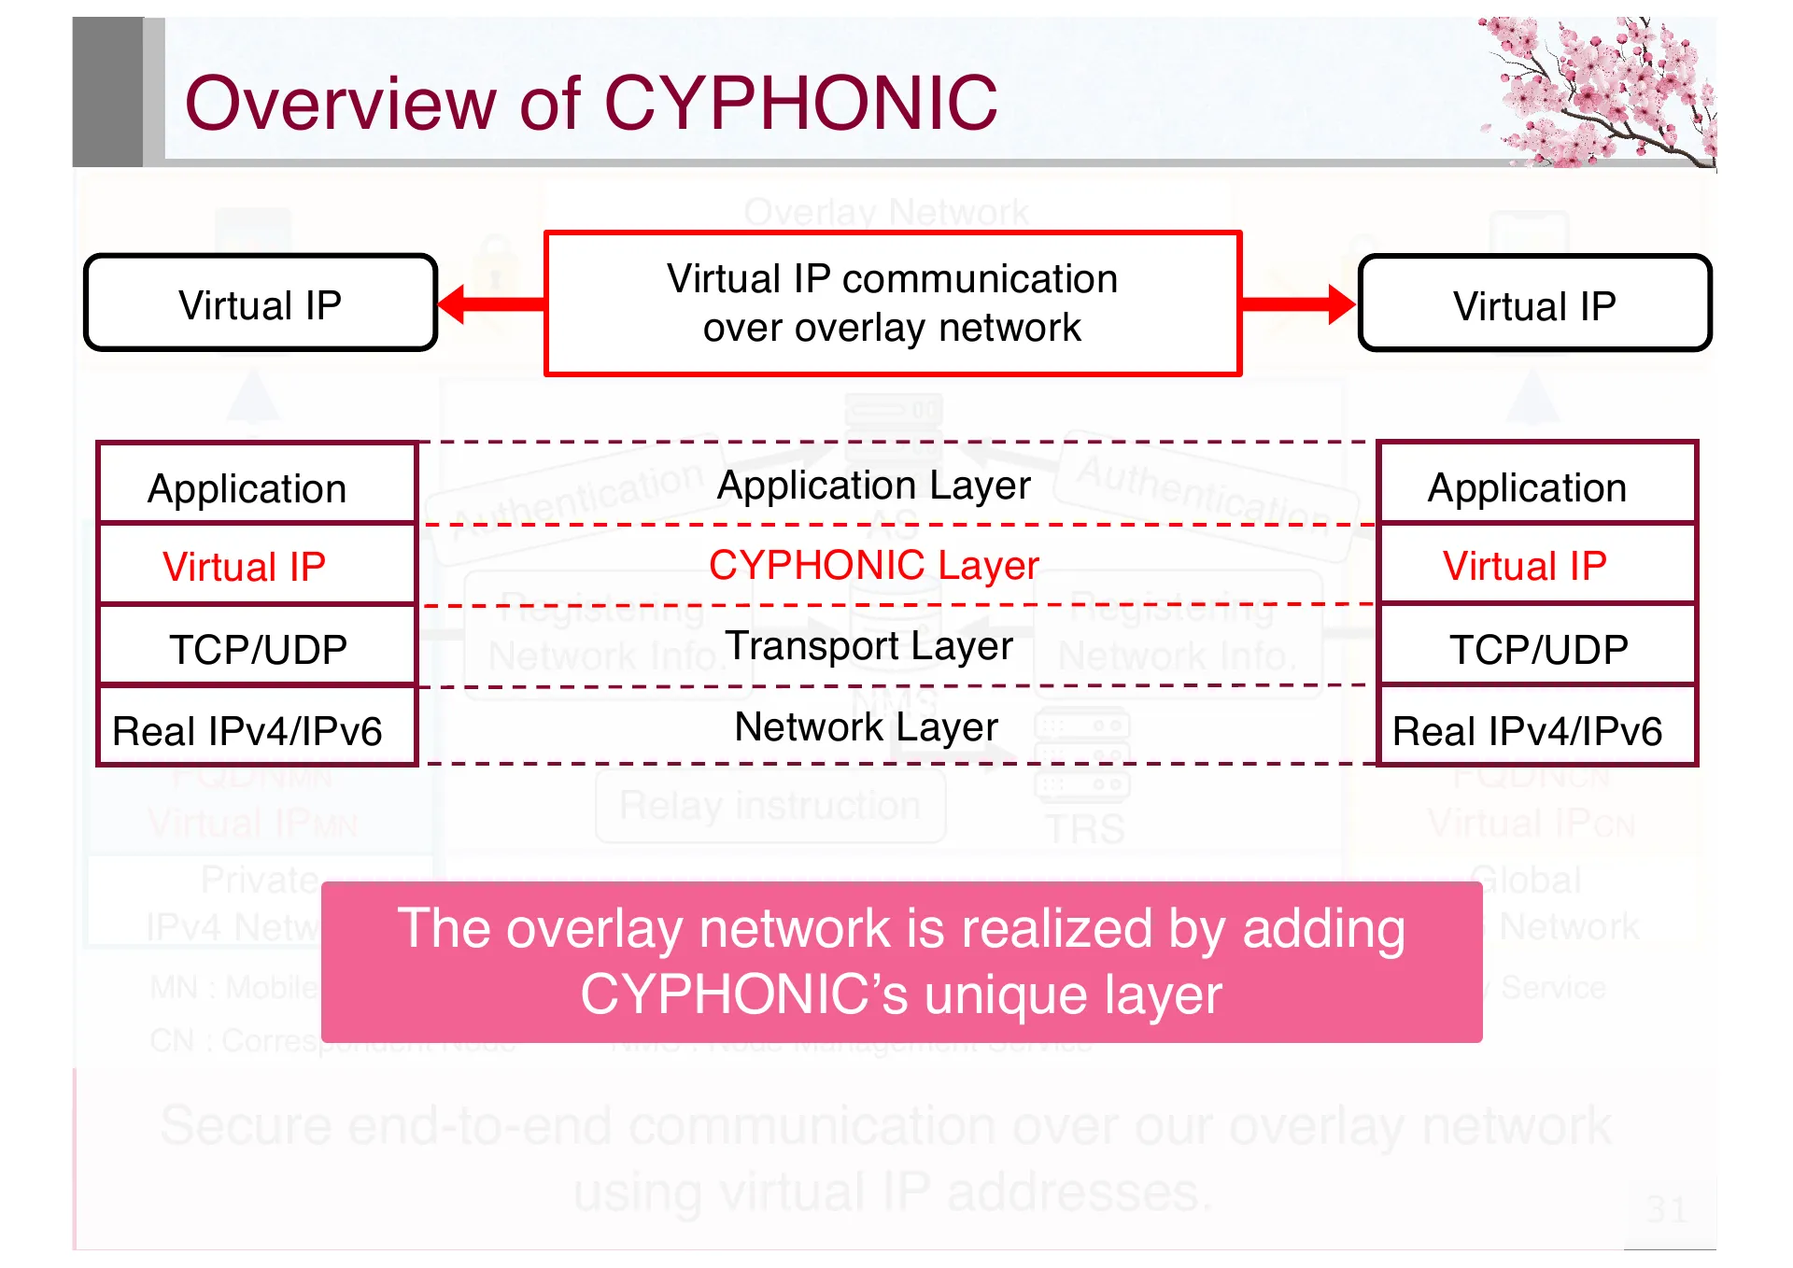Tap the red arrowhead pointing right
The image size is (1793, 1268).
click(1339, 304)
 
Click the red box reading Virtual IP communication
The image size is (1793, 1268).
click(892, 303)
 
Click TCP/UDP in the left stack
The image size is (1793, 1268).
click(258, 648)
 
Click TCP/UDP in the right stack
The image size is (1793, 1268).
click(1538, 648)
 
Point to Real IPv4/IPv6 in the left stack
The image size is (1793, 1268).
click(247, 730)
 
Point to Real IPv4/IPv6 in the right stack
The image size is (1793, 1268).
click(1528, 730)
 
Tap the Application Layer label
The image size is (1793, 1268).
click(873, 486)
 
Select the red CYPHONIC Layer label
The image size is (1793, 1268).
click(873, 565)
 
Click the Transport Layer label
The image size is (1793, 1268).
click(868, 646)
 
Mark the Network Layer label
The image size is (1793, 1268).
click(866, 726)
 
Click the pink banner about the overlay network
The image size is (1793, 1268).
click(901, 962)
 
